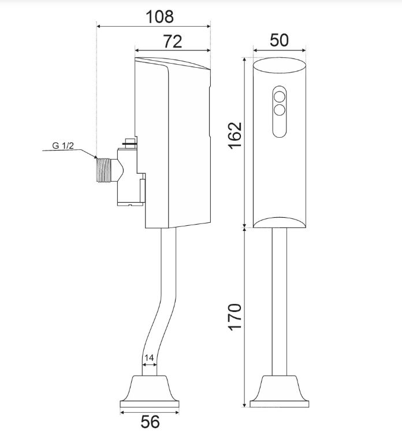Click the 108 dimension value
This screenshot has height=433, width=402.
click(159, 17)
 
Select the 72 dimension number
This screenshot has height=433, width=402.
click(173, 42)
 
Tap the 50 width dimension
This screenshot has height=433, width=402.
click(279, 41)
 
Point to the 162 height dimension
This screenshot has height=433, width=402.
click(235, 135)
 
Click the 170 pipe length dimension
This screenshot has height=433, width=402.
click(235, 317)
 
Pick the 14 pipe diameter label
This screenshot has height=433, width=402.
click(149, 358)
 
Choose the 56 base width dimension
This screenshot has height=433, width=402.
click(150, 421)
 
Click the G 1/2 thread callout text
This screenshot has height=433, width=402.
click(63, 145)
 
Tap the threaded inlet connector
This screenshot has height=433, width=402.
click(104, 170)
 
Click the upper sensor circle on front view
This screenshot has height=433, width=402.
click(280, 97)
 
